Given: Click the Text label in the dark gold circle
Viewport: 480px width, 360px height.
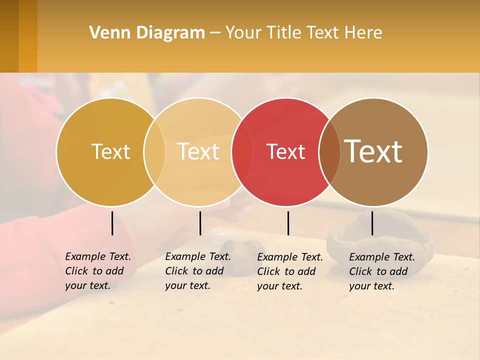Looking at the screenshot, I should click(110, 151).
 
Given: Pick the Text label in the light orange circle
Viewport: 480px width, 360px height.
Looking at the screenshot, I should click(198, 151).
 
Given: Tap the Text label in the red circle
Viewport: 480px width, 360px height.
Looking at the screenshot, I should click(285, 151).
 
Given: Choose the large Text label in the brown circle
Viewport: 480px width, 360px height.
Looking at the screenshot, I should click(373, 151).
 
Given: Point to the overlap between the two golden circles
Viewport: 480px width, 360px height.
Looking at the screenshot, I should click(154, 151).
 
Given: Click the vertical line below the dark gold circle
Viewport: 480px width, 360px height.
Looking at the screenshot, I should click(112, 223).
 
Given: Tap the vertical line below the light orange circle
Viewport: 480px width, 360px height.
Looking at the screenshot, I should click(200, 223).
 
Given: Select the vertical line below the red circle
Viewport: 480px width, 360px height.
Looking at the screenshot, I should click(288, 223).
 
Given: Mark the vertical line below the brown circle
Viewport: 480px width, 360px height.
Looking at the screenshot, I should click(372, 223).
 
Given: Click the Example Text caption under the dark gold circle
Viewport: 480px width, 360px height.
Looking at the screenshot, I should click(98, 271).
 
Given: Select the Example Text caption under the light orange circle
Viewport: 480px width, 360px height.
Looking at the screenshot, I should click(198, 271).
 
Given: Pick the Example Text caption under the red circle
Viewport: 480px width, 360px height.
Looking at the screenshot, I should click(290, 271).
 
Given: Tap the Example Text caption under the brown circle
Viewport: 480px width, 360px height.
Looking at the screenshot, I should click(382, 271).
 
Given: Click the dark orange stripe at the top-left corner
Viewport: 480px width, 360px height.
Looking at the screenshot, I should click(28, 36).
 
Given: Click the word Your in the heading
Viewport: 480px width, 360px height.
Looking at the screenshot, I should click(243, 33).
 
